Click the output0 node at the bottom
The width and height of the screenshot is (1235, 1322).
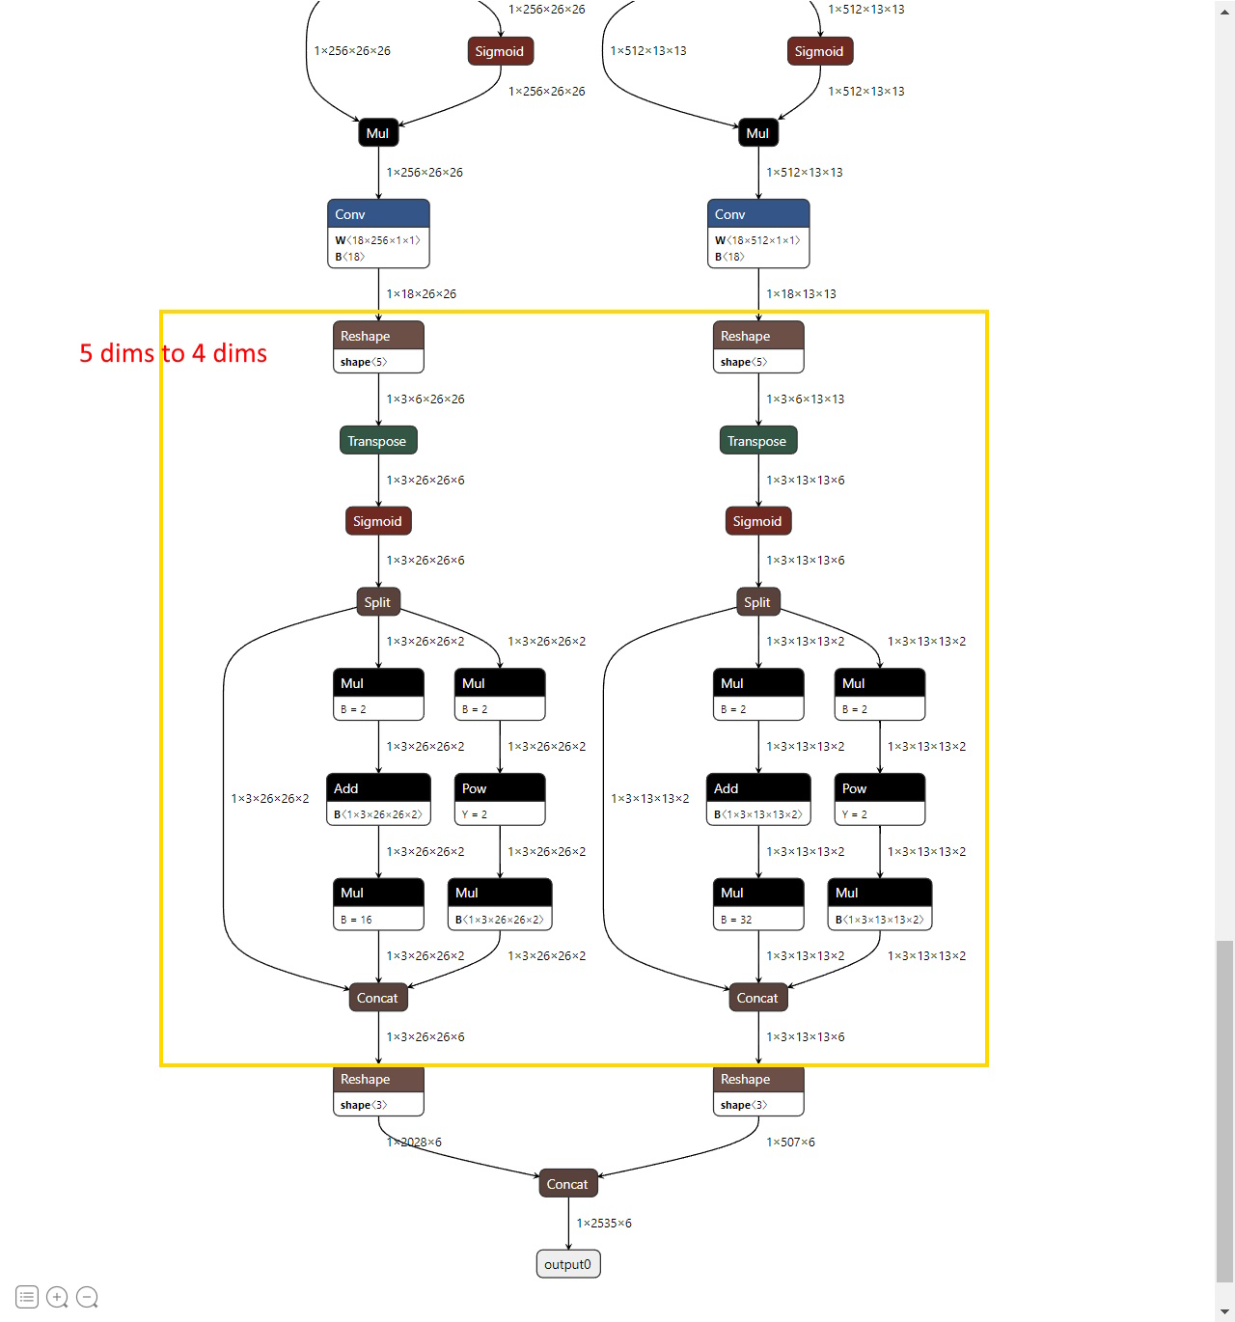point(567,1264)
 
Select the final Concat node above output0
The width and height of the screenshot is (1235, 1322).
point(567,1184)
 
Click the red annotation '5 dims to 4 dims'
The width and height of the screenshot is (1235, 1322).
point(173,353)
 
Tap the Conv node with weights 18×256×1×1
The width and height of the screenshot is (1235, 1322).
point(378,234)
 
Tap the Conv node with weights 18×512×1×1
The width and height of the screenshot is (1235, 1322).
point(758,234)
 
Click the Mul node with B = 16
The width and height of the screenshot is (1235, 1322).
point(378,904)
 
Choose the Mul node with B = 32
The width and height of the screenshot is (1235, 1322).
point(758,904)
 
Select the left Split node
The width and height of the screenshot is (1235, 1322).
point(377,602)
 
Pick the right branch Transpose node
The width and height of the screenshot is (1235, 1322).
point(757,441)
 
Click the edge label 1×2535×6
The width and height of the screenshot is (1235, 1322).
point(604,1224)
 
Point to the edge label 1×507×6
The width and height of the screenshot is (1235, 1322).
point(790,1143)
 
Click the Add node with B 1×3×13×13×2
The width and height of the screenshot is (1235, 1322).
point(758,799)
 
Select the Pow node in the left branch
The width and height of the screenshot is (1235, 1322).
point(500,799)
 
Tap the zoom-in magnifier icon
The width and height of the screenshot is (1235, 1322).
point(57,1297)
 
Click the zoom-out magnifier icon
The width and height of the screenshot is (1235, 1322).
point(87,1297)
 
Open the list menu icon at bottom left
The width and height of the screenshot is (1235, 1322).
point(27,1297)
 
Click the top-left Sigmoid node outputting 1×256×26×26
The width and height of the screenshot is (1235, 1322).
point(500,51)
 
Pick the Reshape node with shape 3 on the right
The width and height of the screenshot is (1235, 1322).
point(758,1090)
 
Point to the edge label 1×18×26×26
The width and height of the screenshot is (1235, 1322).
point(422,294)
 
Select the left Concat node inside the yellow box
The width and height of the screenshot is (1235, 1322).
point(377,998)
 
